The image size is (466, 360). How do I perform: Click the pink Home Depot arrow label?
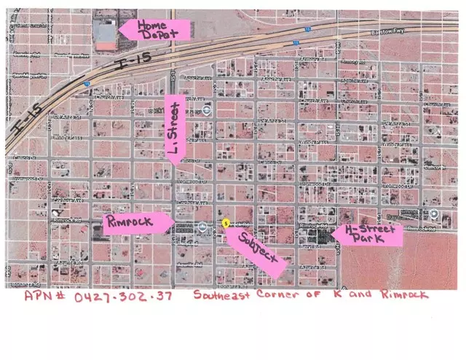tap(155, 29)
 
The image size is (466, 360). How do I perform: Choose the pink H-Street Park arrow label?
tap(367, 235)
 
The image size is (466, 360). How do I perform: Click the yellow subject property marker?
tap(225, 222)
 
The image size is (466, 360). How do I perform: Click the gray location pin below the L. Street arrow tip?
tap(208, 110)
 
